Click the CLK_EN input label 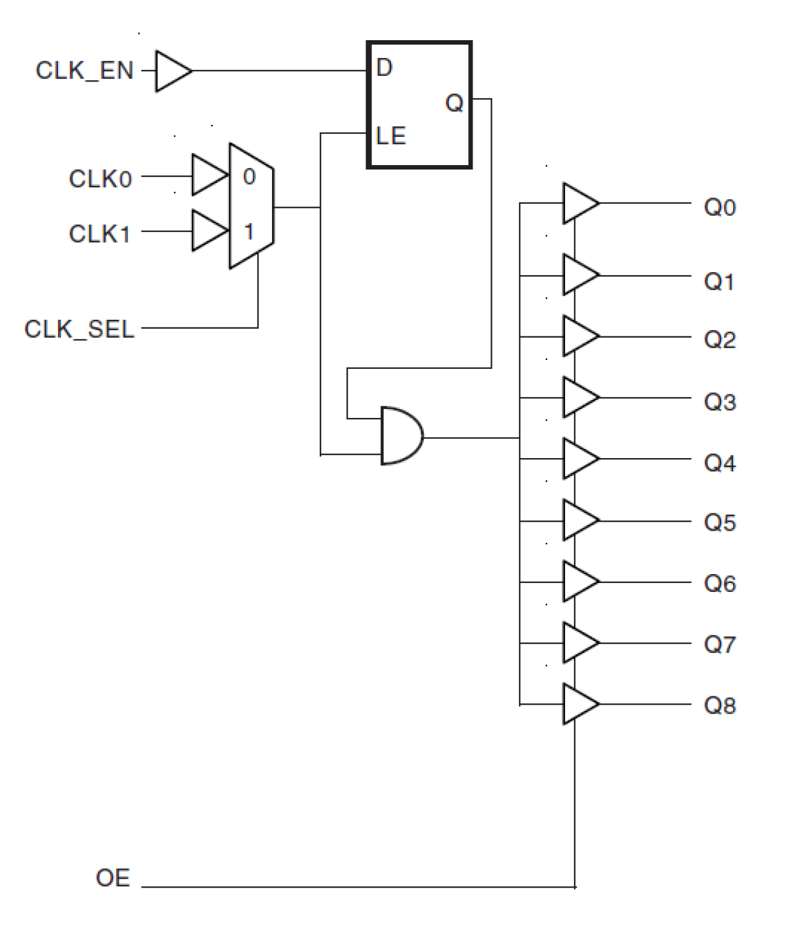click(x=85, y=71)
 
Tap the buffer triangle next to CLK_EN click(x=171, y=71)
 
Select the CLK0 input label click(x=100, y=179)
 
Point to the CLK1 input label click(x=99, y=234)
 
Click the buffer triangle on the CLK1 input click(x=208, y=231)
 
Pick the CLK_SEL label click(x=80, y=329)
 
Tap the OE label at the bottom click(x=113, y=878)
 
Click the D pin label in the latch click(x=384, y=68)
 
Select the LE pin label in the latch click(x=390, y=136)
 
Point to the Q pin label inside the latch click(x=454, y=103)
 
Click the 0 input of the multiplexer click(x=249, y=176)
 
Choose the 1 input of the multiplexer click(x=249, y=231)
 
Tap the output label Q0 click(x=720, y=207)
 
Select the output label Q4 click(x=720, y=463)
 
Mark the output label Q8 click(x=720, y=705)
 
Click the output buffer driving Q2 click(x=578, y=336)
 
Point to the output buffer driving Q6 click(x=578, y=581)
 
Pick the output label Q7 click(x=720, y=644)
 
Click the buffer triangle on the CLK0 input click(x=208, y=175)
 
